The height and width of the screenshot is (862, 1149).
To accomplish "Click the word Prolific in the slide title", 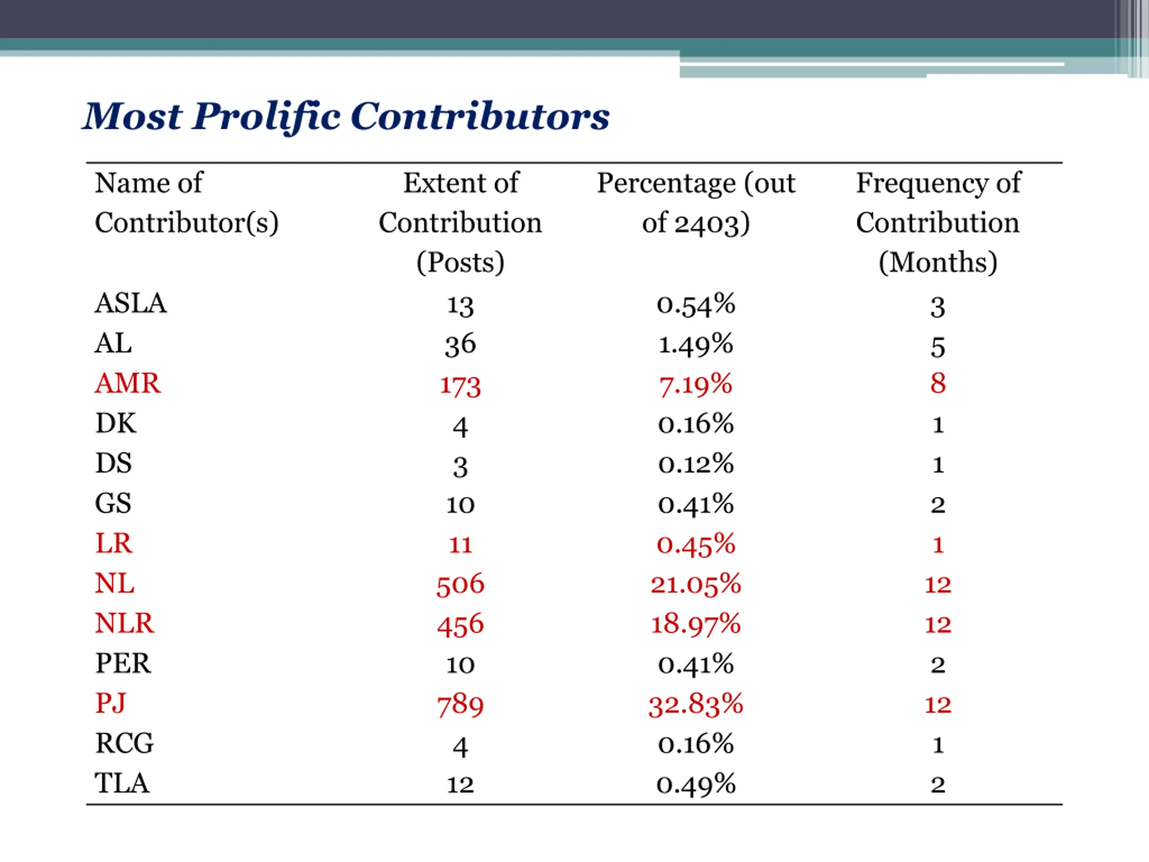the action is point(267,117).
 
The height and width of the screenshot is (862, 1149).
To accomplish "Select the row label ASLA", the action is point(130,303).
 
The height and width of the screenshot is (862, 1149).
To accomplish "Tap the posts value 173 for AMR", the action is point(460,386).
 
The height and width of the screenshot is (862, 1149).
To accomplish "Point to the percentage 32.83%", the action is point(696,704).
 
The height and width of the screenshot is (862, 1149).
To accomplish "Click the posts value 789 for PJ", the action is point(460,705).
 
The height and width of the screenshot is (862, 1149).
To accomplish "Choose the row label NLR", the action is point(125,623).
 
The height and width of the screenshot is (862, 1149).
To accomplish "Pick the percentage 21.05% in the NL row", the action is point(696,585).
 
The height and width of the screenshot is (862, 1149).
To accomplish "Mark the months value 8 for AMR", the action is point(938,383).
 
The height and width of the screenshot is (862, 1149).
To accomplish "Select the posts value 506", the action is point(460,585).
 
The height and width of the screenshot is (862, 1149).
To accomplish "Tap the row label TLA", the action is point(122,783).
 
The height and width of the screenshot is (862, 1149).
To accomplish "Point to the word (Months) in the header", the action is point(938,262).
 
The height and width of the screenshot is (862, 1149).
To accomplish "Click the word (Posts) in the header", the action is point(460,262).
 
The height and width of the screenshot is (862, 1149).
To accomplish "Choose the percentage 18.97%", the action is point(696,624).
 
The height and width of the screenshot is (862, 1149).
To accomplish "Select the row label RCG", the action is point(125,743).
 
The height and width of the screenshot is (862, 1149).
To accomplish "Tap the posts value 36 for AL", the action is point(460,345).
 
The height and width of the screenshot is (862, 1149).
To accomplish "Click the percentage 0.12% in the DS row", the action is point(696,464).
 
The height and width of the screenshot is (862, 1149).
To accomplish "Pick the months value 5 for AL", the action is point(938,347).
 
